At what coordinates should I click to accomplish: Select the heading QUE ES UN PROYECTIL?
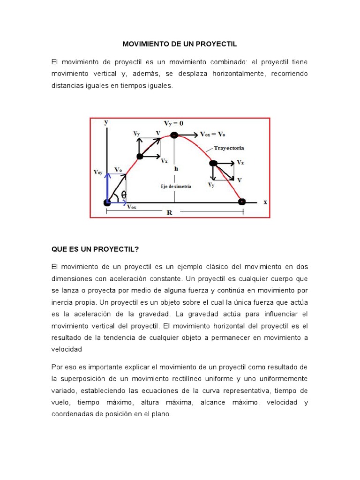(96, 249)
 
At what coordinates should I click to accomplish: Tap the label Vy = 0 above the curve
(173, 123)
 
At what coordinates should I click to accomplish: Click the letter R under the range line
(169, 212)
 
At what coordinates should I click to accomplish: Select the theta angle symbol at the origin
(124, 195)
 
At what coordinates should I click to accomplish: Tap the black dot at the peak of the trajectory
(174, 135)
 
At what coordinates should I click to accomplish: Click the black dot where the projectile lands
(241, 202)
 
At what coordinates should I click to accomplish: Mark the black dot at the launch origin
(107, 202)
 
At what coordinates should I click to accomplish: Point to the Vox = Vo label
(212, 134)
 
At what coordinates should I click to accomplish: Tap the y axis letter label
(106, 122)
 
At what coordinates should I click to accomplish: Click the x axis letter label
(265, 202)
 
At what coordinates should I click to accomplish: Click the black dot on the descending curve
(213, 163)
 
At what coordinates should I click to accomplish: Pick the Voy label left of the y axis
(98, 172)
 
